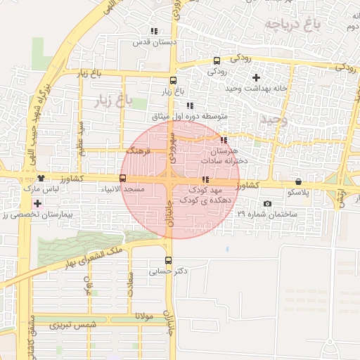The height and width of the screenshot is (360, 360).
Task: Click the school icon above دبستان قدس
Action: (154, 32)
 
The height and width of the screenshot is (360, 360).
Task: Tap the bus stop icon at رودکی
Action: (217, 60)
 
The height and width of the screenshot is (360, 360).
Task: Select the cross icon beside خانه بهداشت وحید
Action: (256, 77)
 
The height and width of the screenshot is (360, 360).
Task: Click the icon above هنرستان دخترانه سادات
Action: (224, 141)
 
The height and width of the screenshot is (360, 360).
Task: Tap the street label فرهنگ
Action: (139, 151)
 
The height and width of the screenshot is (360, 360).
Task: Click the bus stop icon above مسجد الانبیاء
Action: (123, 179)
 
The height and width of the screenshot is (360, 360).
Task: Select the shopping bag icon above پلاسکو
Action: (298, 181)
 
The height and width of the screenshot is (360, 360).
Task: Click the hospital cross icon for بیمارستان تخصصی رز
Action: (37, 204)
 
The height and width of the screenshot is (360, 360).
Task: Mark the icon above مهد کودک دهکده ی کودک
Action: (205, 180)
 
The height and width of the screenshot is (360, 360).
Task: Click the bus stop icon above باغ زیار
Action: (174, 79)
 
